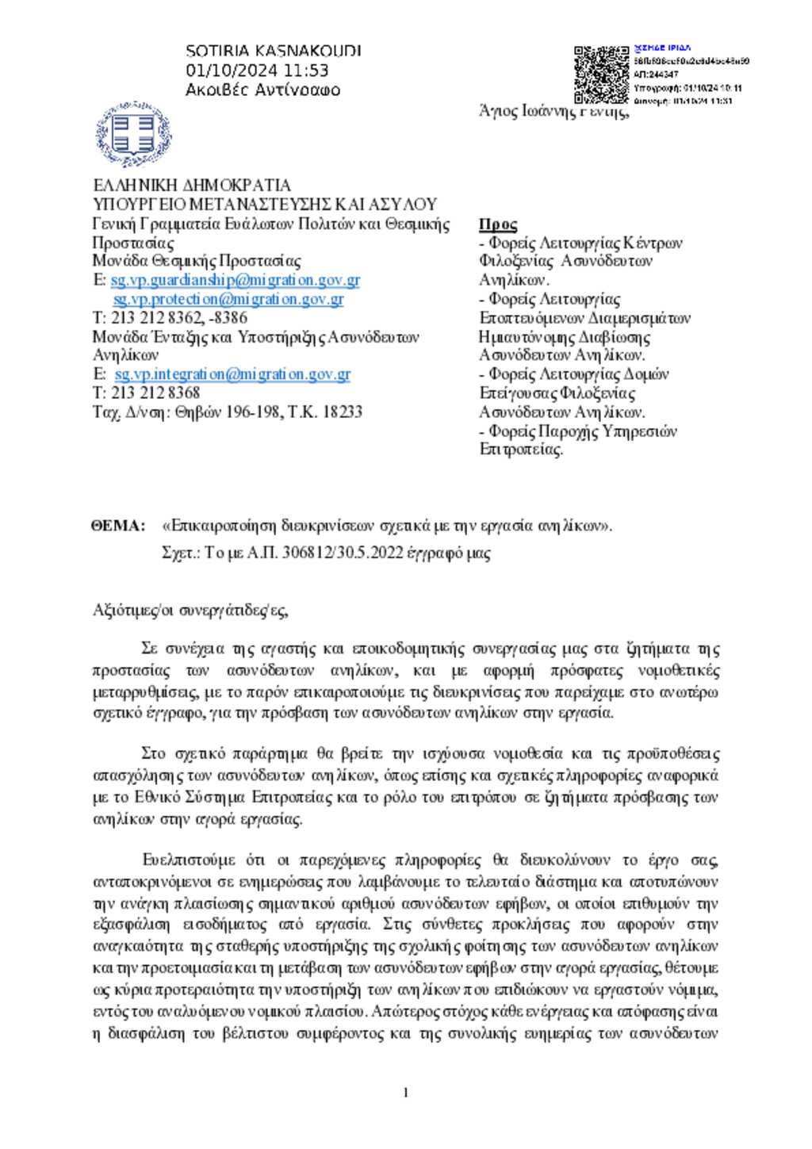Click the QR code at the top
601,75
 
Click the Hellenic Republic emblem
133,134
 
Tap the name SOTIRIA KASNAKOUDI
273,51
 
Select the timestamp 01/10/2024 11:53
257,71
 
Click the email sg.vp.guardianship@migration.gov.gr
236,280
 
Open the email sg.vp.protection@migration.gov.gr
228,299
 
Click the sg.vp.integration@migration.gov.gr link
232,374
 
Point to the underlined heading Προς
498,224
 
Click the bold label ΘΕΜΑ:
118,526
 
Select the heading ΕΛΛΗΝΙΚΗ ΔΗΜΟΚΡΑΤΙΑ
192,186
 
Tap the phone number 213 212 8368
155,393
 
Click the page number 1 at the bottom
406,1093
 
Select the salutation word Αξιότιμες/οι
132,611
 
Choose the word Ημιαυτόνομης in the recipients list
524,337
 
